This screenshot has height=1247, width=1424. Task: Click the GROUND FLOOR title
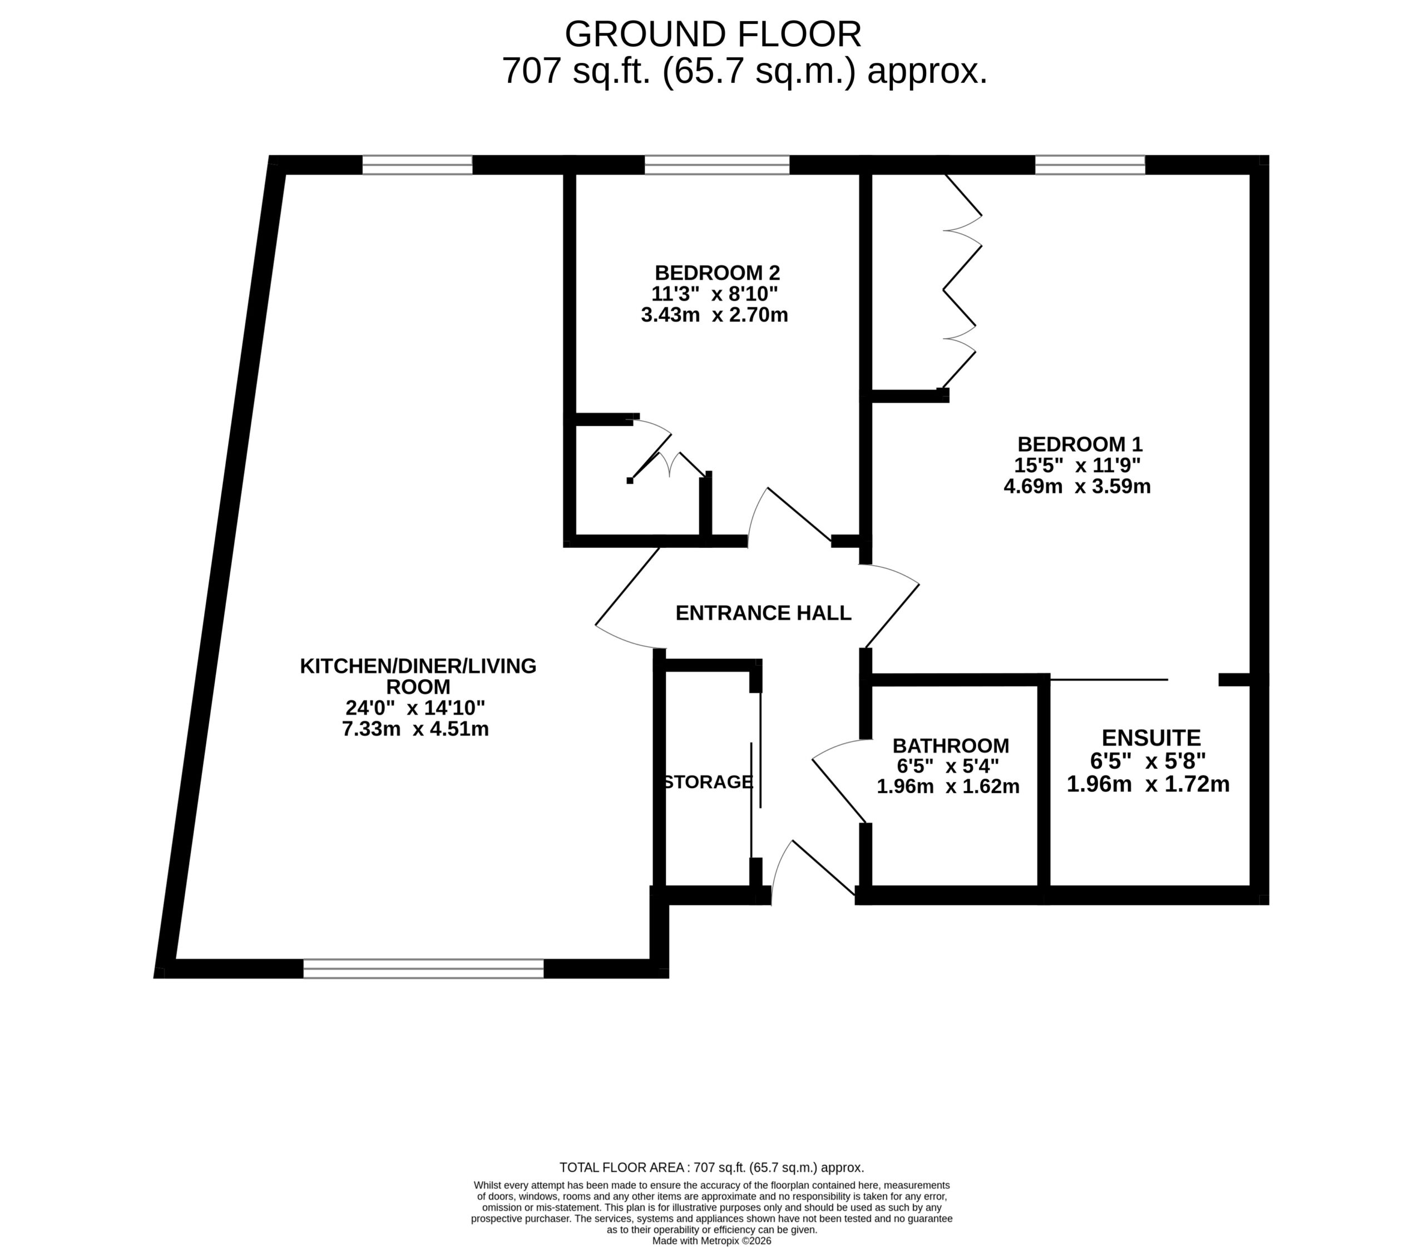click(713, 34)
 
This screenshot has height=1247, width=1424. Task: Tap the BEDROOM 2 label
click(717, 272)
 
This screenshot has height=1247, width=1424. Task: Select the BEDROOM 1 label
click(1080, 444)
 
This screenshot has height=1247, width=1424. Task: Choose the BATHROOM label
click(951, 746)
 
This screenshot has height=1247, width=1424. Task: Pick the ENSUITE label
click(1151, 738)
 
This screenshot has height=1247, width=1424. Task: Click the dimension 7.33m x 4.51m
click(416, 729)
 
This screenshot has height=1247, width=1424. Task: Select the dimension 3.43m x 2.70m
click(714, 315)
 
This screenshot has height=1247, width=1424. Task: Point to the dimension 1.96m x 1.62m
click(948, 787)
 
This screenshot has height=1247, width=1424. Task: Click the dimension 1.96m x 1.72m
click(1149, 784)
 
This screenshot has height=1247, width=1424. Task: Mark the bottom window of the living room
click(423, 969)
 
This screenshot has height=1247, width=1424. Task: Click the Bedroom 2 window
click(717, 165)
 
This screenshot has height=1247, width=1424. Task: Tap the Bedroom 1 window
click(1090, 165)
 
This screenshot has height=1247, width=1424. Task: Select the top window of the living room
click(418, 165)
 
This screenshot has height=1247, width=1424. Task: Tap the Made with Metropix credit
click(711, 1241)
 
